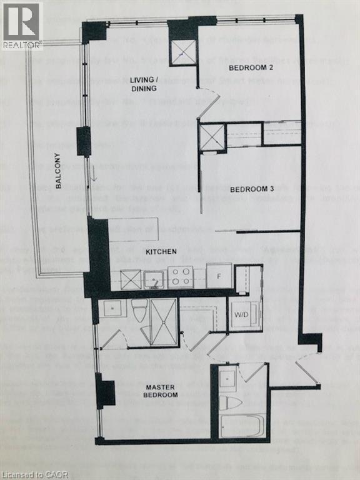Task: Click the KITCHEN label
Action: tap(161, 251)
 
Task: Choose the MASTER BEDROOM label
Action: tap(161, 391)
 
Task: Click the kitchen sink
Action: tap(153, 279)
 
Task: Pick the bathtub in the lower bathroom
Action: tap(242, 426)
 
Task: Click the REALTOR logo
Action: tap(21, 25)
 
